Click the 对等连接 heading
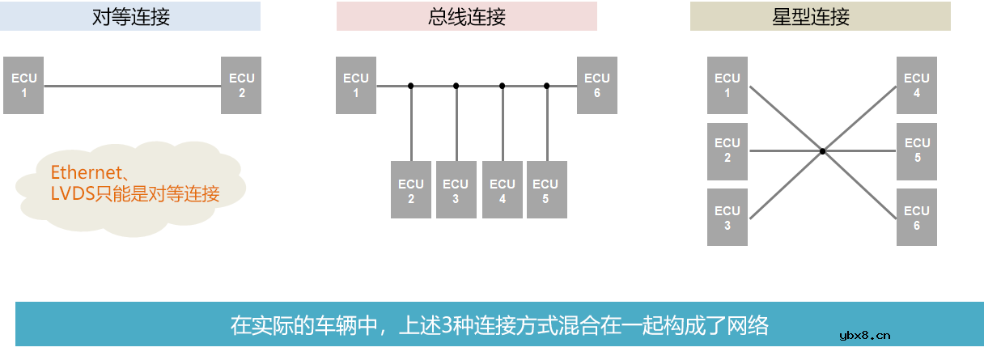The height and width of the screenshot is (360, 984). (x=130, y=17)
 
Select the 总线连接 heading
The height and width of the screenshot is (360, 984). (x=466, y=17)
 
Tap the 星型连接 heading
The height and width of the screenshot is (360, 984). (x=820, y=17)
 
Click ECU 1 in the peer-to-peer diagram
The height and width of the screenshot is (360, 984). (x=23, y=85)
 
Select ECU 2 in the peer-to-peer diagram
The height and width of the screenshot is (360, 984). (x=241, y=85)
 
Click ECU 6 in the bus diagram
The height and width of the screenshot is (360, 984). (x=596, y=85)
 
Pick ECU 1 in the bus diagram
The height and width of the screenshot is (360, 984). (x=356, y=85)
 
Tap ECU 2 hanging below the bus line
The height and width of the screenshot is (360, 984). (x=411, y=190)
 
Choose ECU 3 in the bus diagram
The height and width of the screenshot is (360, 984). (x=456, y=190)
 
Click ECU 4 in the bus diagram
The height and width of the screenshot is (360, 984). (x=503, y=190)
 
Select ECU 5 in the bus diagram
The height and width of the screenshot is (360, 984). (x=546, y=190)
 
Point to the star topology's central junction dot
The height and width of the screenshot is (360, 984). (x=822, y=151)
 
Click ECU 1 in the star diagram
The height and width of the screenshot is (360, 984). (x=727, y=85)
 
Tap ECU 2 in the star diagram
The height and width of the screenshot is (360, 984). (x=727, y=150)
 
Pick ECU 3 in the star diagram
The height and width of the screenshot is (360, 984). (x=727, y=218)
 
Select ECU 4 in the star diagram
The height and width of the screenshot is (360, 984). (x=917, y=85)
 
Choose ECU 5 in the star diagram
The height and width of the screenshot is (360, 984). (x=917, y=150)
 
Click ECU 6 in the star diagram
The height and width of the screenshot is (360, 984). (x=917, y=218)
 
